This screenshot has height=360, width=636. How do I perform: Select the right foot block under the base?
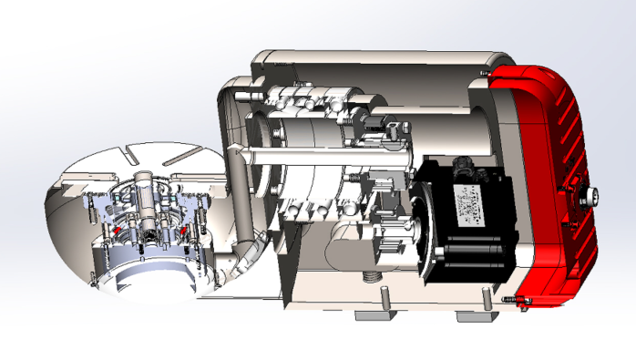[x=476, y=316]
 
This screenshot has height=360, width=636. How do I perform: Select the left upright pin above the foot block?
[x=386, y=298]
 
